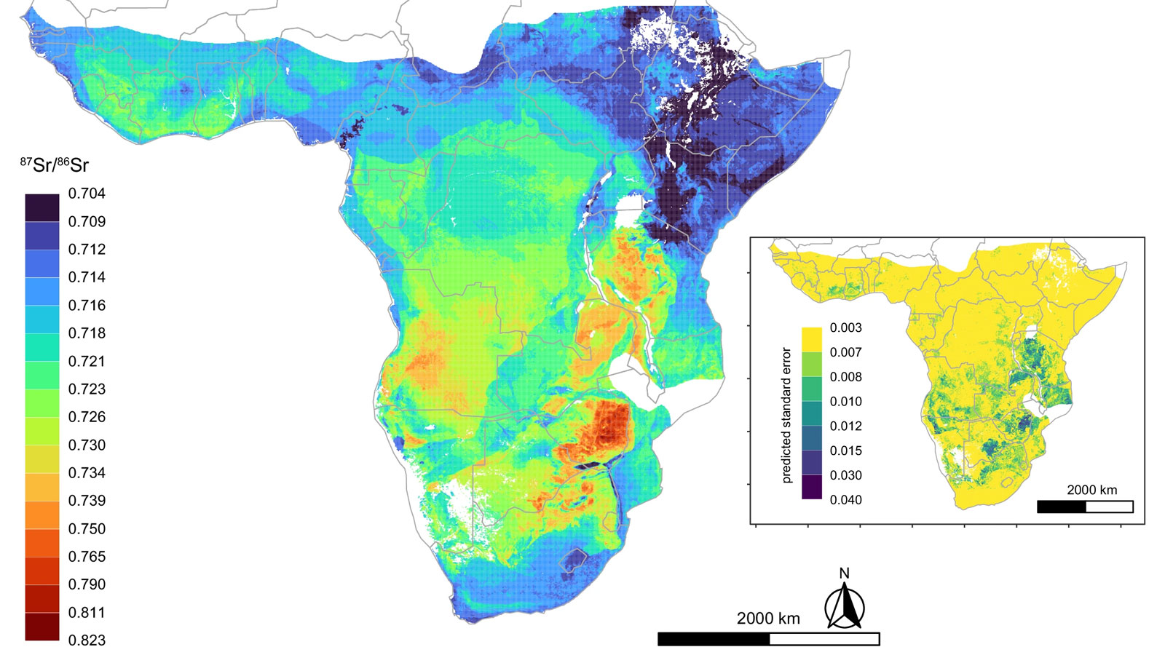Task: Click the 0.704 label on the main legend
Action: (87, 194)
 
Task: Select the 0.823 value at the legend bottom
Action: (87, 640)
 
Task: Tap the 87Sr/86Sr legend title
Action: (55, 165)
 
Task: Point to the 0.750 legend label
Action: (87, 529)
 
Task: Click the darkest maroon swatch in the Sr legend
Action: (42, 627)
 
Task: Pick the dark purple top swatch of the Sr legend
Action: (42, 207)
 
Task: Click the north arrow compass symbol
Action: (845, 608)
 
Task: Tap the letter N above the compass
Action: (845, 573)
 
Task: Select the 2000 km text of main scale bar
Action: (768, 619)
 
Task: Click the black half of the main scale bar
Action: (714, 639)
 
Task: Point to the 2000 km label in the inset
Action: (1091, 490)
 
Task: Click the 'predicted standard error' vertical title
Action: (786, 415)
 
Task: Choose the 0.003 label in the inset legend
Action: (845, 327)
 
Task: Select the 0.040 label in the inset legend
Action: (845, 500)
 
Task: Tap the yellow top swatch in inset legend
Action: (812, 340)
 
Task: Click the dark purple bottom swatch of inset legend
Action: (812, 487)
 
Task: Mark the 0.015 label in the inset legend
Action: (845, 450)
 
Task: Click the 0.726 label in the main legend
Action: (87, 417)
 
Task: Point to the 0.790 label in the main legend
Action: (87, 584)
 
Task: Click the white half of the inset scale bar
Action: (1110, 507)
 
